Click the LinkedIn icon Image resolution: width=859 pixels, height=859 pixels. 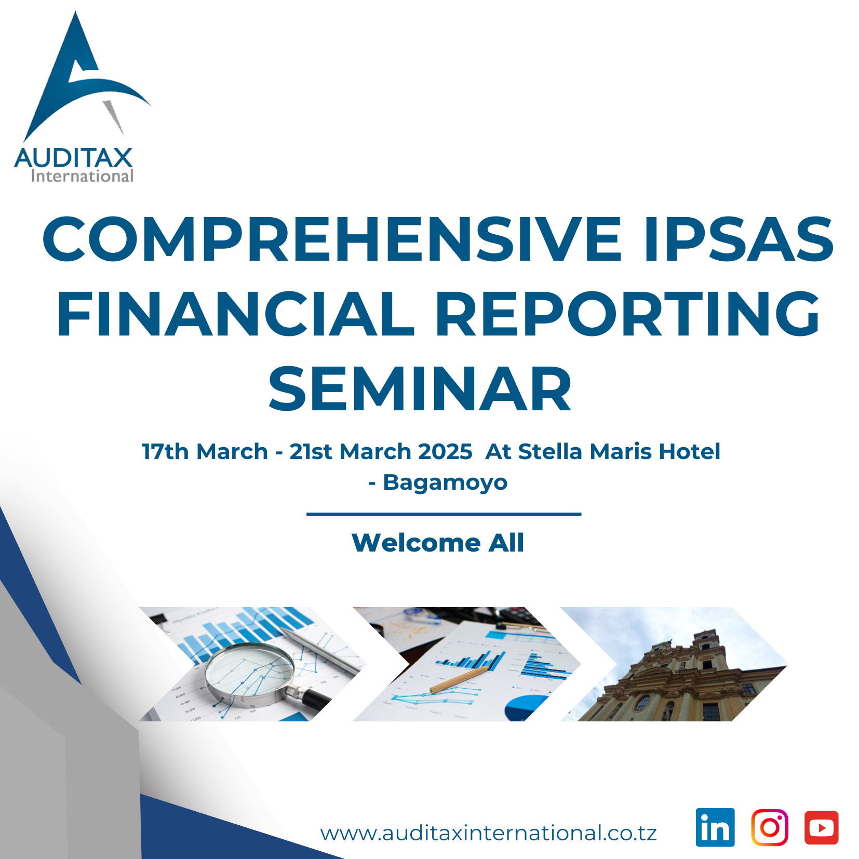715,827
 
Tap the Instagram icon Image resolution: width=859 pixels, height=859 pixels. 770,827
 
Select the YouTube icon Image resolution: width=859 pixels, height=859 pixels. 822,827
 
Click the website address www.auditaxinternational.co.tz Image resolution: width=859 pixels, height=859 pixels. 489,833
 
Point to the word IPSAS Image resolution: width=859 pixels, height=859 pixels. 739,239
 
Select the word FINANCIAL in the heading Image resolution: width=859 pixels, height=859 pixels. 235,314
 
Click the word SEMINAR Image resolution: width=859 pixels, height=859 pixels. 420,388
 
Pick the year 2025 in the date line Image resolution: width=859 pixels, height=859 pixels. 445,452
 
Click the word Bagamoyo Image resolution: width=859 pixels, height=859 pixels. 445,483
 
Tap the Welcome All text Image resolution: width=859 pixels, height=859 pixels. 438,543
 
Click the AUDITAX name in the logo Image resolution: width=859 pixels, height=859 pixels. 74,158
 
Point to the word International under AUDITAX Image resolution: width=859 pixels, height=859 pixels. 82,176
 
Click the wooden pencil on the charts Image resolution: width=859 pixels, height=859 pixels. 459,681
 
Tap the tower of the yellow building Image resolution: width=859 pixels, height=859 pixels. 708,649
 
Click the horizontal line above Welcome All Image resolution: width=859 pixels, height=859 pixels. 444,514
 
